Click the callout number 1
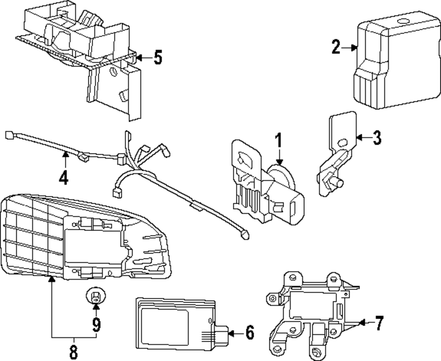point(278,141)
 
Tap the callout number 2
point(336,46)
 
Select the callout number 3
point(376,138)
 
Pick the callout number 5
point(157,57)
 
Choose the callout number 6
point(249,333)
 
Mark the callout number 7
point(378,323)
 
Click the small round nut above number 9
point(94,297)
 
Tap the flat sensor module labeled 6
point(176,326)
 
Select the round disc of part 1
point(282,181)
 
